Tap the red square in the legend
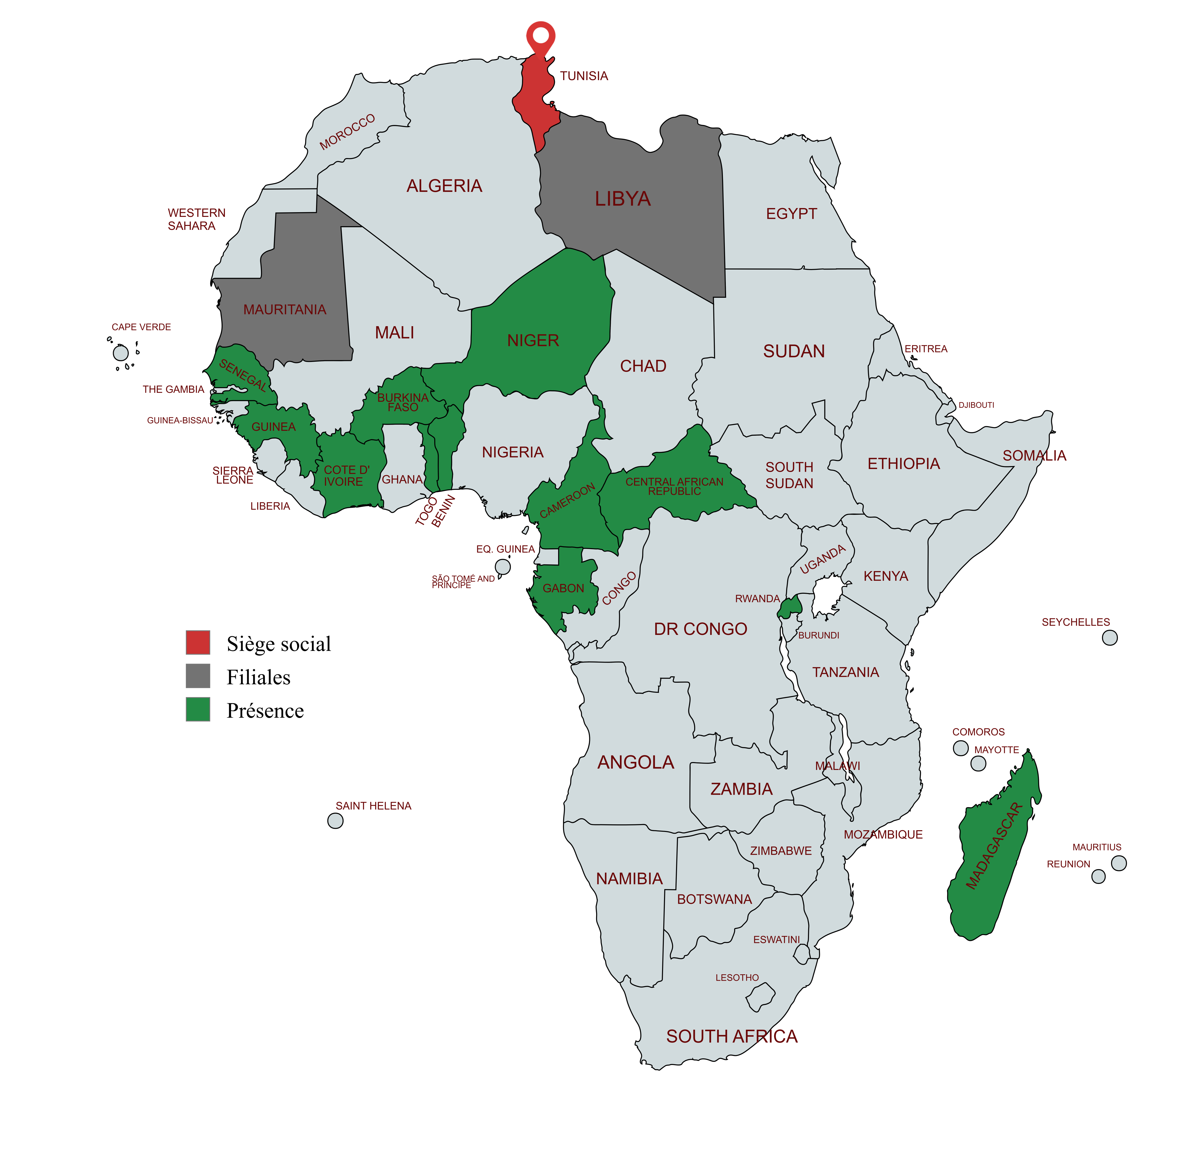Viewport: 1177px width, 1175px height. [x=198, y=642]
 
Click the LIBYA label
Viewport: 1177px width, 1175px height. [x=623, y=199]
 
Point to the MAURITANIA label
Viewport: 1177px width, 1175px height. [x=284, y=310]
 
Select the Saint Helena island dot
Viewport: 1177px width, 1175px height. [x=335, y=821]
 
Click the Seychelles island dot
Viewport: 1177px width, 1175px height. [x=1110, y=637]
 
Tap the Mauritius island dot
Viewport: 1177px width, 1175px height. [x=1118, y=863]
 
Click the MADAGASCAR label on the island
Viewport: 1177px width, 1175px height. [x=994, y=846]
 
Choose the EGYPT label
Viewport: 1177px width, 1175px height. [x=791, y=214]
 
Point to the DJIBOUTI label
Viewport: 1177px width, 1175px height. [x=976, y=405]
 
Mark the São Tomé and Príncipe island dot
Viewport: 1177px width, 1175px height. [x=503, y=567]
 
